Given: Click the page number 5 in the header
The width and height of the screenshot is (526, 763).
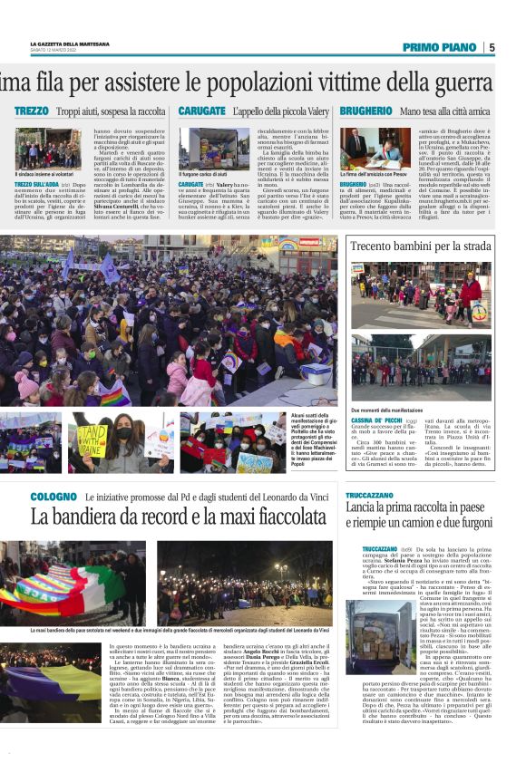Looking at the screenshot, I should click(492, 47).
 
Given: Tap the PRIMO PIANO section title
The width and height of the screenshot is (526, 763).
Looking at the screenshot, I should click(439, 47).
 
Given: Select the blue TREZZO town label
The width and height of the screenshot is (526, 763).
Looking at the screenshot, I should click(33, 111).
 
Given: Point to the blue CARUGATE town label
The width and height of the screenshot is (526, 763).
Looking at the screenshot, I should click(201, 111).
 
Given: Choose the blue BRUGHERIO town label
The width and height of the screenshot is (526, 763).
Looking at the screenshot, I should click(366, 111).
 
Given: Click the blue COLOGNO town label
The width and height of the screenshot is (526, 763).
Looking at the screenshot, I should click(54, 497).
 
